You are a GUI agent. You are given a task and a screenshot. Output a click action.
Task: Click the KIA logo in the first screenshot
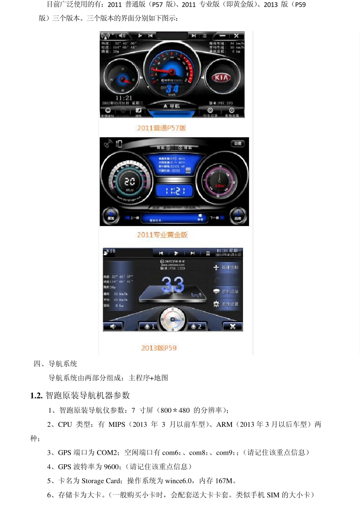coord(221,78)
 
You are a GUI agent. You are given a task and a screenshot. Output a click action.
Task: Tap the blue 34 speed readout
coord(172,89)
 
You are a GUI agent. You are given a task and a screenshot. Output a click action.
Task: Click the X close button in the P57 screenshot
coord(236,36)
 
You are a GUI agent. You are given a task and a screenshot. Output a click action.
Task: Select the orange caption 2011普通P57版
coord(161,128)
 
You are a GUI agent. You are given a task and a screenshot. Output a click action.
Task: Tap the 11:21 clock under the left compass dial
coord(124,98)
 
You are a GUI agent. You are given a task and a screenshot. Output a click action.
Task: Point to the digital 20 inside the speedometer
coord(130,182)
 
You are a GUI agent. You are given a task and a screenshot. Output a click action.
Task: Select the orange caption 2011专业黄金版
coord(162,235)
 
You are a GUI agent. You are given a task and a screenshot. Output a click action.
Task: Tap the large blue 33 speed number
coord(172,284)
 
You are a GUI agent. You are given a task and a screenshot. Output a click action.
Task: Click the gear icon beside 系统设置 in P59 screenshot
coord(216,304)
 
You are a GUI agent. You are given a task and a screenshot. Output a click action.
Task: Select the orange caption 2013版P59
coord(159,348)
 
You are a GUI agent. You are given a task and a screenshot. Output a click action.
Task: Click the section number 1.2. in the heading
coord(36,396)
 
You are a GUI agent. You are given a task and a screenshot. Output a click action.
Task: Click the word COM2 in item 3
coord(107,453)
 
